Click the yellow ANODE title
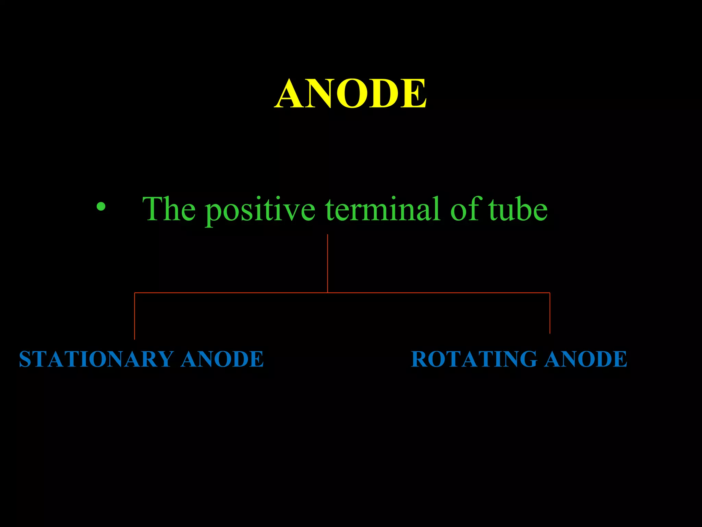tap(350, 93)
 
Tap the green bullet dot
tap(101, 206)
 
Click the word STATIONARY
tap(96, 359)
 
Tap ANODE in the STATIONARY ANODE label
tap(222, 359)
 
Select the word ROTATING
tap(474, 359)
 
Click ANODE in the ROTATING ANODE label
tap(586, 359)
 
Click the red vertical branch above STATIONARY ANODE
tap(134, 316)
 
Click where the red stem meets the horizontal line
tap(327, 293)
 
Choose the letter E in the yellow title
tap(414, 93)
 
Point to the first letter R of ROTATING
tap(419, 359)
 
